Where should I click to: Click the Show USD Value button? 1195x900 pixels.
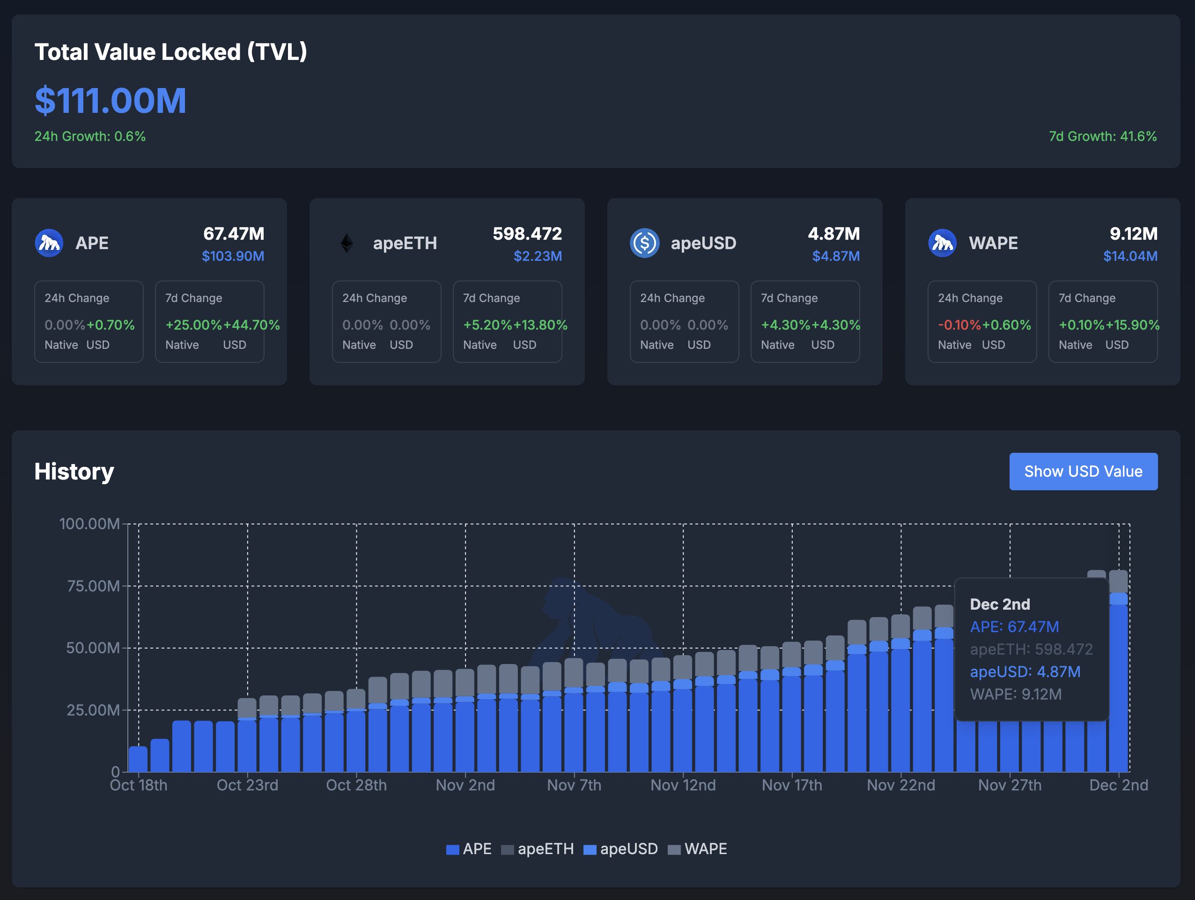pyautogui.click(x=1083, y=472)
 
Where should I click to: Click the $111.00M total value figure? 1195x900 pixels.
pyautogui.click(x=111, y=101)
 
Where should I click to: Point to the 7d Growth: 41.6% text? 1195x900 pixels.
pyautogui.click(x=1103, y=136)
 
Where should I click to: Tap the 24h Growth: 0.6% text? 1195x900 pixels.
pyautogui.click(x=90, y=136)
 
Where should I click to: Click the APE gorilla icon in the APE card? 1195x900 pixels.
pyautogui.click(x=49, y=243)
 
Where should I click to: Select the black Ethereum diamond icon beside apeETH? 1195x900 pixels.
pyautogui.click(x=347, y=243)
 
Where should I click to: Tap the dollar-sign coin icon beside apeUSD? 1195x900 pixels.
pyautogui.click(x=644, y=243)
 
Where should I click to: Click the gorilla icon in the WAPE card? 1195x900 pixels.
pyautogui.click(x=942, y=243)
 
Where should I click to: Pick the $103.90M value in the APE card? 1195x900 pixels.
pyautogui.click(x=233, y=256)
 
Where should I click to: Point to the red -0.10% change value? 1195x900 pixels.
pyautogui.click(x=959, y=325)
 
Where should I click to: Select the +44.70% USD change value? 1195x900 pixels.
pyautogui.click(x=251, y=325)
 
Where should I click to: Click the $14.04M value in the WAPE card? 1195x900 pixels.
pyautogui.click(x=1130, y=256)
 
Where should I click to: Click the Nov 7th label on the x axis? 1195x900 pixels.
pyautogui.click(x=574, y=785)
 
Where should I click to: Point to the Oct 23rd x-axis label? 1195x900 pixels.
pyautogui.click(x=247, y=785)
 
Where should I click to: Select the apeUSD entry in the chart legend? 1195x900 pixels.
pyautogui.click(x=621, y=848)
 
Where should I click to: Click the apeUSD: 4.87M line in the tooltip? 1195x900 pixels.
pyautogui.click(x=1025, y=671)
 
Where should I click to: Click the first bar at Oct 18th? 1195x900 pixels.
pyautogui.click(x=138, y=759)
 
